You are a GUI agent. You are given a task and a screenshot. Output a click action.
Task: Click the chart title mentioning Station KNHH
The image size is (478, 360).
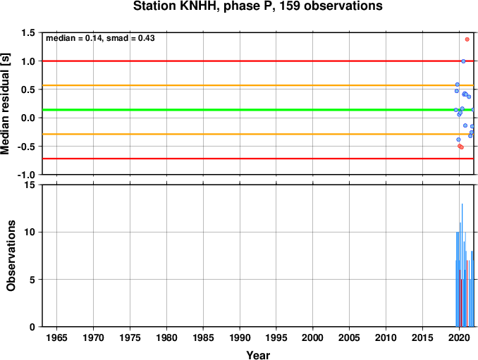point(257,6)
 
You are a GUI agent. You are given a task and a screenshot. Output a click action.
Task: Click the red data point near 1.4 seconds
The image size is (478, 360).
point(467,39)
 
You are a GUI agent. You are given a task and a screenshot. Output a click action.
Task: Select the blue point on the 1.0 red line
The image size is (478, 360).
point(463,61)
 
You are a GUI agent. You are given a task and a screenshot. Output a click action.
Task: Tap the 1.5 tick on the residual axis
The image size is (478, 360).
point(27,32)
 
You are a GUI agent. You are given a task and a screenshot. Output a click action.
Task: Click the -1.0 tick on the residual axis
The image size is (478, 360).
point(26,175)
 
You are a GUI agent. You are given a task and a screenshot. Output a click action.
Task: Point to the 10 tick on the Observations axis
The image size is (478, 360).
point(30,232)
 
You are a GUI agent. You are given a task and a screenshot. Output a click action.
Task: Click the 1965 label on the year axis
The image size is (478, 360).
point(56,337)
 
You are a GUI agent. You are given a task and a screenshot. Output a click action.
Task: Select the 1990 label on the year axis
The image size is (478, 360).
point(240,337)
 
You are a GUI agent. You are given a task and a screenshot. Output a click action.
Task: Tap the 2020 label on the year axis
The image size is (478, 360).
point(459,337)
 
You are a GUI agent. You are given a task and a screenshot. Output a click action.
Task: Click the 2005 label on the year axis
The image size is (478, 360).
point(350,337)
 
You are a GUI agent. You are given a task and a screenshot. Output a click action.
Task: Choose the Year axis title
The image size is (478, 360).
point(258,355)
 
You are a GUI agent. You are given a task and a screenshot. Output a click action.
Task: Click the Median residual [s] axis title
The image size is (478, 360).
point(5,104)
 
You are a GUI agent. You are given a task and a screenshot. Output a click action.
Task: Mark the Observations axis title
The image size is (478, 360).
point(11,256)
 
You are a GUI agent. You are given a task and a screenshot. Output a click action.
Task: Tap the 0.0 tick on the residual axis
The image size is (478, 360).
point(27,118)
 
